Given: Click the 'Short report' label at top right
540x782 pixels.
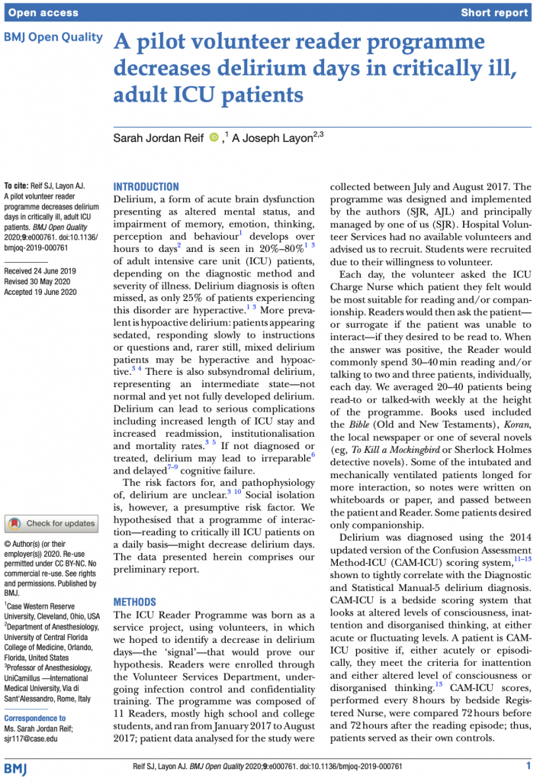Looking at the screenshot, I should pyautogui.click(x=494, y=13).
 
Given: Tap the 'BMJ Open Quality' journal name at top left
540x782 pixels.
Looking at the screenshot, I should pyautogui.click(x=53, y=37).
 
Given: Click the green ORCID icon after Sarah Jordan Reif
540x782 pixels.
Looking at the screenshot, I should pyautogui.click(x=214, y=137).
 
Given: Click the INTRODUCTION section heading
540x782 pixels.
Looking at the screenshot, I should pyautogui.click(x=146, y=186).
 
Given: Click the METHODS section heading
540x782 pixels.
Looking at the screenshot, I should pyautogui.click(x=135, y=602).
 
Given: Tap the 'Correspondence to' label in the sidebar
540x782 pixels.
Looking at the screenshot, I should pyautogui.click(x=35, y=719).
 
